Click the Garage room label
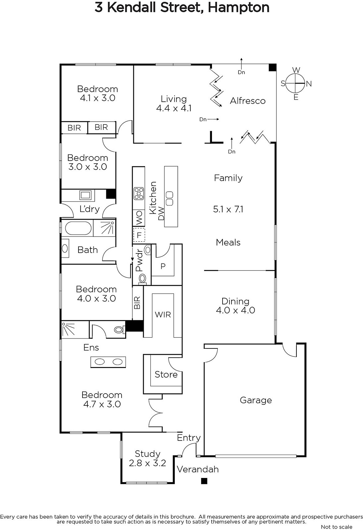pos(256,400)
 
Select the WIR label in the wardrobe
pos(163,315)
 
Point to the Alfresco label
pos(247,101)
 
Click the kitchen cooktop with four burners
pos(139,193)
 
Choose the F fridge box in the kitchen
pos(139,235)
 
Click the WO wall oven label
pos(139,218)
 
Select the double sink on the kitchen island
pos(170,198)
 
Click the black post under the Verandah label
pos(204,481)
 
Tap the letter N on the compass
pos(309,84)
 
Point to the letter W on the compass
pos(296,70)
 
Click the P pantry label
pos(163,266)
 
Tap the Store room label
pos(166,374)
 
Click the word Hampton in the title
pos(238,7)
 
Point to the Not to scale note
pos(337,527)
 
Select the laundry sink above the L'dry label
pos(85,195)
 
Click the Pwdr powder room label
pos(139,260)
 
